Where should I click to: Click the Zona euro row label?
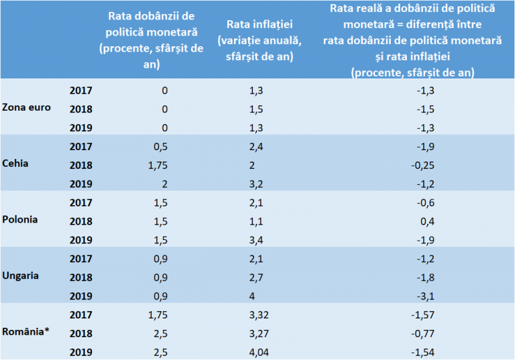pos(27,107)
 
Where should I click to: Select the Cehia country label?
pos(15,164)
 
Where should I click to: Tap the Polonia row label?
pos(20,219)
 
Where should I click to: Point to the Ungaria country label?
pos(21,276)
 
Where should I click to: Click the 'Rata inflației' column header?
pos(259,41)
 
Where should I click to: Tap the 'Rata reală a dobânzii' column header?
pos(412,40)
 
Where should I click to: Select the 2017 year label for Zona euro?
pos(81,89)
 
